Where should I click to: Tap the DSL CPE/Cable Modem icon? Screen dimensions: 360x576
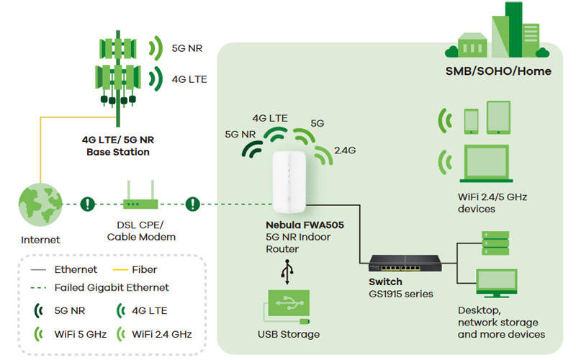coord(140,204)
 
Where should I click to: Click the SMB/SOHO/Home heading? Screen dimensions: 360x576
coord(498,71)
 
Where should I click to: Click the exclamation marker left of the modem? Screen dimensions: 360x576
coord(88,204)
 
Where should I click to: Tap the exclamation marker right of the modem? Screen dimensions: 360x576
coord(192,204)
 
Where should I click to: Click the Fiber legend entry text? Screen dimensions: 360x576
coord(145,269)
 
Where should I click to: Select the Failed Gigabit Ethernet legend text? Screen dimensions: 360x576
coord(112,287)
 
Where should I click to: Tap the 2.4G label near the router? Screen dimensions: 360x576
coord(345,150)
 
